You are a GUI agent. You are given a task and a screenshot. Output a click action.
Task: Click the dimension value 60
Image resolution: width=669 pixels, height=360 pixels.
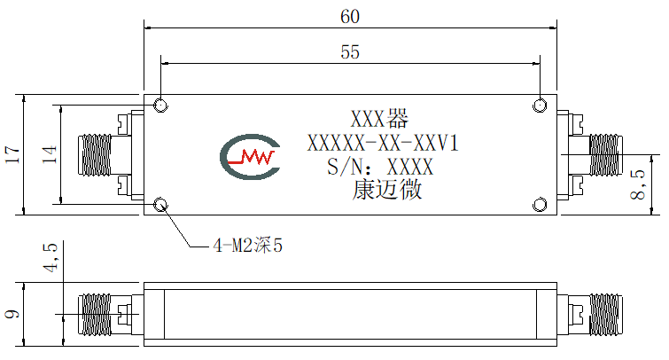pyautogui.click(x=350, y=17)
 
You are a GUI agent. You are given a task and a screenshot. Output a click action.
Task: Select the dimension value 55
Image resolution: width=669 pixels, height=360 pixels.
pyautogui.click(x=350, y=52)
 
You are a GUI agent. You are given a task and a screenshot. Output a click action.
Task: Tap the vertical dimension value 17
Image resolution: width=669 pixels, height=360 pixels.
pyautogui.click(x=12, y=154)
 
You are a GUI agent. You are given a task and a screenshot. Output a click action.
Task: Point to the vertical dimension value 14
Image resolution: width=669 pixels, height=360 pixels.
pyautogui.click(x=49, y=154)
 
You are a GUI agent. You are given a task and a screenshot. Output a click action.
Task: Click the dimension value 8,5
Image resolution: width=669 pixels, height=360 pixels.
pyautogui.click(x=638, y=185)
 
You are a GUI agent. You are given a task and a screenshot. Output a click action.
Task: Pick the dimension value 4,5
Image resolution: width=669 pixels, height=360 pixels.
pyautogui.click(x=50, y=257)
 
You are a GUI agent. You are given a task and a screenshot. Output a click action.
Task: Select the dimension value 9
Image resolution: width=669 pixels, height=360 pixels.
pyautogui.click(x=12, y=314)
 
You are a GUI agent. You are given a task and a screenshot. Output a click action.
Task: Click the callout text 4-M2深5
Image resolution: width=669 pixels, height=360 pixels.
pyautogui.click(x=248, y=246)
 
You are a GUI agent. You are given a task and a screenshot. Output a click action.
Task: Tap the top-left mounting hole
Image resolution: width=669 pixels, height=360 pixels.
pyautogui.click(x=160, y=105)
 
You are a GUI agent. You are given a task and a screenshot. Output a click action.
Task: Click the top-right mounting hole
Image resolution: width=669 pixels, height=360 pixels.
pyautogui.click(x=540, y=105)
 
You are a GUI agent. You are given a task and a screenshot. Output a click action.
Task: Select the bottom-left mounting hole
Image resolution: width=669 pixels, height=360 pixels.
pyautogui.click(x=160, y=205)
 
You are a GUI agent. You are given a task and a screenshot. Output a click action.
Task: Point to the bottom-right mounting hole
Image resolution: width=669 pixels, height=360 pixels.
pyautogui.click(x=540, y=205)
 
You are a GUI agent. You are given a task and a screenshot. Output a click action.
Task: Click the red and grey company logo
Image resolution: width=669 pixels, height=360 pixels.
pyautogui.click(x=250, y=157)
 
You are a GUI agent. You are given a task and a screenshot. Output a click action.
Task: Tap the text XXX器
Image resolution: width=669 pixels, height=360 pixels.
pyautogui.click(x=380, y=119)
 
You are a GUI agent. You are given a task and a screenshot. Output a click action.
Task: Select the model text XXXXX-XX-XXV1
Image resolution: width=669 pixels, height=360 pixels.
pyautogui.click(x=383, y=143)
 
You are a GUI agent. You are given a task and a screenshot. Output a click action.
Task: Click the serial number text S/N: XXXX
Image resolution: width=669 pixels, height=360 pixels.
pyautogui.click(x=380, y=167)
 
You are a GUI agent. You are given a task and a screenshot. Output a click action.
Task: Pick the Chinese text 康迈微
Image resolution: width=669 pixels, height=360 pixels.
pyautogui.click(x=387, y=190)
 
